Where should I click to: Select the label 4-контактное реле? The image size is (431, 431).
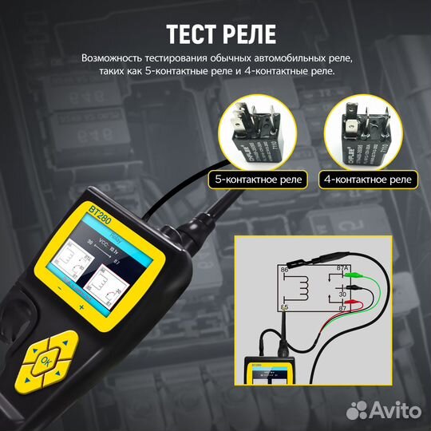tap(368, 180)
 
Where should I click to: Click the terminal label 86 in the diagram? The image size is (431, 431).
tap(284, 271)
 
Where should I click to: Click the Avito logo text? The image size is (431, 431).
tap(396, 409)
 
